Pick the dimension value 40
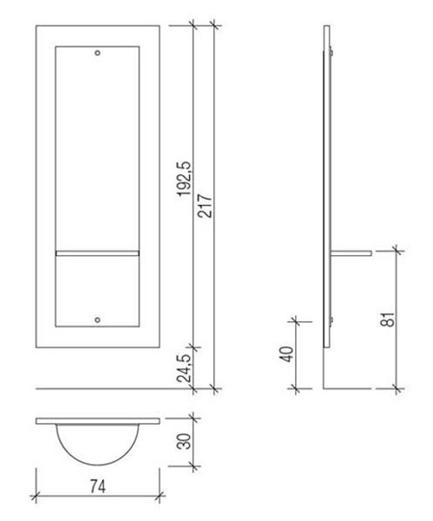287,353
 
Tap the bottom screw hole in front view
98,319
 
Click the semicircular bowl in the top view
98,443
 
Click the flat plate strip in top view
98,420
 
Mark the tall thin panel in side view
325,192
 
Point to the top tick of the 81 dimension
394,248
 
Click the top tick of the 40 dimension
295,319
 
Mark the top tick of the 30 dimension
193,417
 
